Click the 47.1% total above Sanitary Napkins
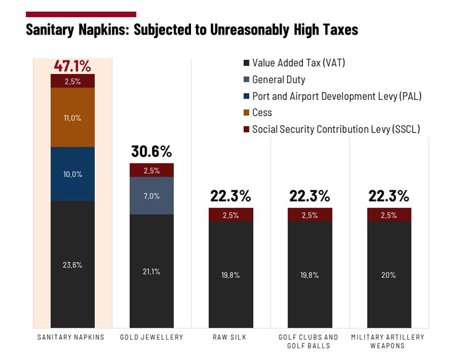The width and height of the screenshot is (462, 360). [x=72, y=66]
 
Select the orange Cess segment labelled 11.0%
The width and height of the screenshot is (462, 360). [x=73, y=117]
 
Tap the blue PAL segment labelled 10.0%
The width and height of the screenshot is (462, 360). [x=73, y=174]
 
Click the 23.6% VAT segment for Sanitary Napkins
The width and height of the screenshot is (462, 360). [x=73, y=264]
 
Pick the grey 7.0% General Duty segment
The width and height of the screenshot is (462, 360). [x=152, y=196]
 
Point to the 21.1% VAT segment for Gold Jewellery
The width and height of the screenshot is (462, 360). [x=152, y=271]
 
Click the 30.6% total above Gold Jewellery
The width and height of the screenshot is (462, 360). [x=152, y=152]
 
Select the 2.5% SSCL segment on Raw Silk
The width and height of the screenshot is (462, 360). [x=230, y=215]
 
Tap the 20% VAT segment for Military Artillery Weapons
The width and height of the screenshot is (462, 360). [x=389, y=275]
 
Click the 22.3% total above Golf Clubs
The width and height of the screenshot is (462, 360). [x=310, y=196]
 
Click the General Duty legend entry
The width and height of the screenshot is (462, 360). [x=278, y=80]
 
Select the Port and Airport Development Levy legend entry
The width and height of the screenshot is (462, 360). [x=336, y=96]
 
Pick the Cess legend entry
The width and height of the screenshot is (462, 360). [x=262, y=113]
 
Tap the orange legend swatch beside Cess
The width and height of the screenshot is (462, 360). [x=246, y=113]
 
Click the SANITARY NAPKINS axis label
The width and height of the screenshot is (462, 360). [x=71, y=337]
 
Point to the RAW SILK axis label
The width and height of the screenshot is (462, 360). [x=231, y=337]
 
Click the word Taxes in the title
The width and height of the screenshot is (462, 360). [x=337, y=30]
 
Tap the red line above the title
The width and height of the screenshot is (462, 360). [x=81, y=14]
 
